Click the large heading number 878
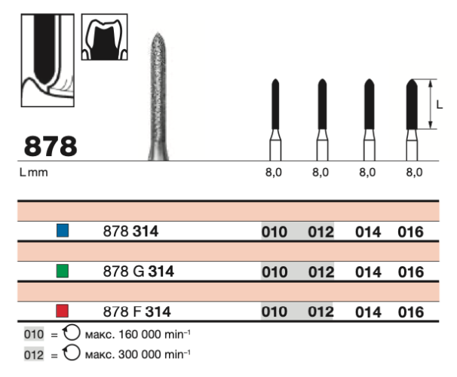(51, 145)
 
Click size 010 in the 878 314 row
(274, 232)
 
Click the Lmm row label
(33, 173)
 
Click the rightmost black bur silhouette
(412, 106)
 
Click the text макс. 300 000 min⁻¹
(128, 354)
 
